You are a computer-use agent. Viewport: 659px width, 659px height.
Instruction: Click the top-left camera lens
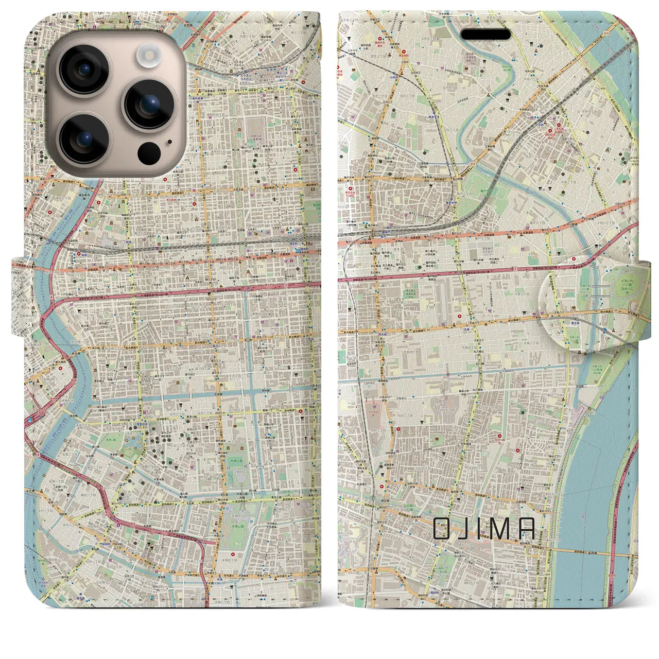pos(83,70)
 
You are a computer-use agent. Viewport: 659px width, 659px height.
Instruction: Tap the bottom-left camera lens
pos(83,138)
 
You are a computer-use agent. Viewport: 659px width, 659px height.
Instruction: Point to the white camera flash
pos(150,54)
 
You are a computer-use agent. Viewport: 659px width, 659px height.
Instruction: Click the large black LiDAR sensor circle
pos(149,153)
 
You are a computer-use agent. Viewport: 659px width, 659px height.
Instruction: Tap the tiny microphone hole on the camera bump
pos(169,142)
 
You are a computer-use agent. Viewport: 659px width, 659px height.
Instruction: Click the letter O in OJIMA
pos(444,528)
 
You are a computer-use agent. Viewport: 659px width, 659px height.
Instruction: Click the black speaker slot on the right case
pos(485,34)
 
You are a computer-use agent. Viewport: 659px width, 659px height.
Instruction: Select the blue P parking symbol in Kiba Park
pos(252,522)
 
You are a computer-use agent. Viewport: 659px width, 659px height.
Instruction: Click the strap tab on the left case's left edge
pos(19,298)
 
